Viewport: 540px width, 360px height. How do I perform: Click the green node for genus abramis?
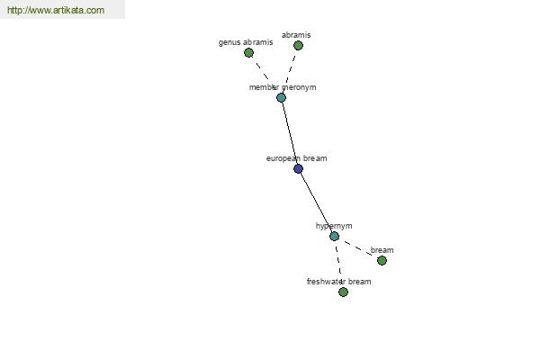248,53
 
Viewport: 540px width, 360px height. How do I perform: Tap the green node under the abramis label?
298,46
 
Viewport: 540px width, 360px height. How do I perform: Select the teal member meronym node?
281,98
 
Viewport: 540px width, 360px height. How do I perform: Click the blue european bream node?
298,169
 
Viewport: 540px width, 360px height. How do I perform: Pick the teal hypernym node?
334,237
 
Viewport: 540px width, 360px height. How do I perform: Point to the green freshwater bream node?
343,292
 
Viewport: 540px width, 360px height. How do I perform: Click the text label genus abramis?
246,42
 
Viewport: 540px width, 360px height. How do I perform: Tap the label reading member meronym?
283,87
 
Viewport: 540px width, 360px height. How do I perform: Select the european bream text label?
296,158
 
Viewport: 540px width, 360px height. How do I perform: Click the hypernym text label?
334,226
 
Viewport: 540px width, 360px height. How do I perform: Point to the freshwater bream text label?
339,282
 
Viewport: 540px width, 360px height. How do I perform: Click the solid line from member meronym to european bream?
290,133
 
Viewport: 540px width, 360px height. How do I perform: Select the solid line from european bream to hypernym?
316,202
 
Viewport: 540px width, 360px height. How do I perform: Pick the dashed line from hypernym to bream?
358,248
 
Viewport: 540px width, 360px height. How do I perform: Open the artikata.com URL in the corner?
56,10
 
